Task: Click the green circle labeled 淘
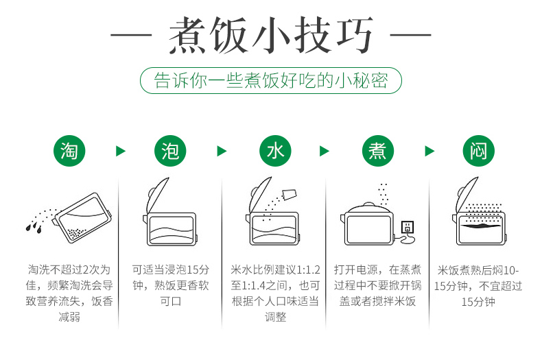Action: coord(69,151)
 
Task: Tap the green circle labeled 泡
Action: coord(170,151)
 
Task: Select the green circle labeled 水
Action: coord(275,151)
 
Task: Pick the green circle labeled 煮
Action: coord(378,151)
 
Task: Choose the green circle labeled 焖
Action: coord(479,151)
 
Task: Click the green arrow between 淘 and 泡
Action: coord(120,151)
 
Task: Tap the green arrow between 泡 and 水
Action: coord(222,151)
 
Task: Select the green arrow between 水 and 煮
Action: coord(325,151)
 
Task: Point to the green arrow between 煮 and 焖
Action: coord(429,151)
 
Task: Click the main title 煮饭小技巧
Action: coord(271,35)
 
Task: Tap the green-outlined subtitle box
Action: coord(271,80)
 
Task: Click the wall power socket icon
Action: coord(408,227)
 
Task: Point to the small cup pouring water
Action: coord(290,195)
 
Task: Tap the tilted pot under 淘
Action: coord(83,217)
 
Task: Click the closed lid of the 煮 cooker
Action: coord(369,208)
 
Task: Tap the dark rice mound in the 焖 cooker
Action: coord(480,226)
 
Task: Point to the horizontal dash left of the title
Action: coord(131,35)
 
